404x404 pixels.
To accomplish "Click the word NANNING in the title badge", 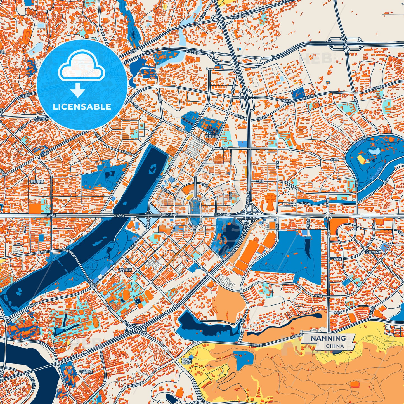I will pos(328,338).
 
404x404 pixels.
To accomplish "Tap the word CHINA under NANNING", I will pos(335,346).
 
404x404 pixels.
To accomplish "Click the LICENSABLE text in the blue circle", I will pos(82,107).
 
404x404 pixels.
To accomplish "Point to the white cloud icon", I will pos(81,66).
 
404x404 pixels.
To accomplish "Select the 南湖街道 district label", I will pos(211,136).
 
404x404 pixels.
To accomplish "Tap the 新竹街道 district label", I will pos(37,182).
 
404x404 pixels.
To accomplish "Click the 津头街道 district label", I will pos(125,270).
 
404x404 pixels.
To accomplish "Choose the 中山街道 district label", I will pos(86,372).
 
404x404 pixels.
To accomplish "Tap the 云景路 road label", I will pos(260,181).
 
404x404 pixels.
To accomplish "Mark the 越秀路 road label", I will pos(318,296).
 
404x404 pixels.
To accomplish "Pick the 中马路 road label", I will pos(338,313).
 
